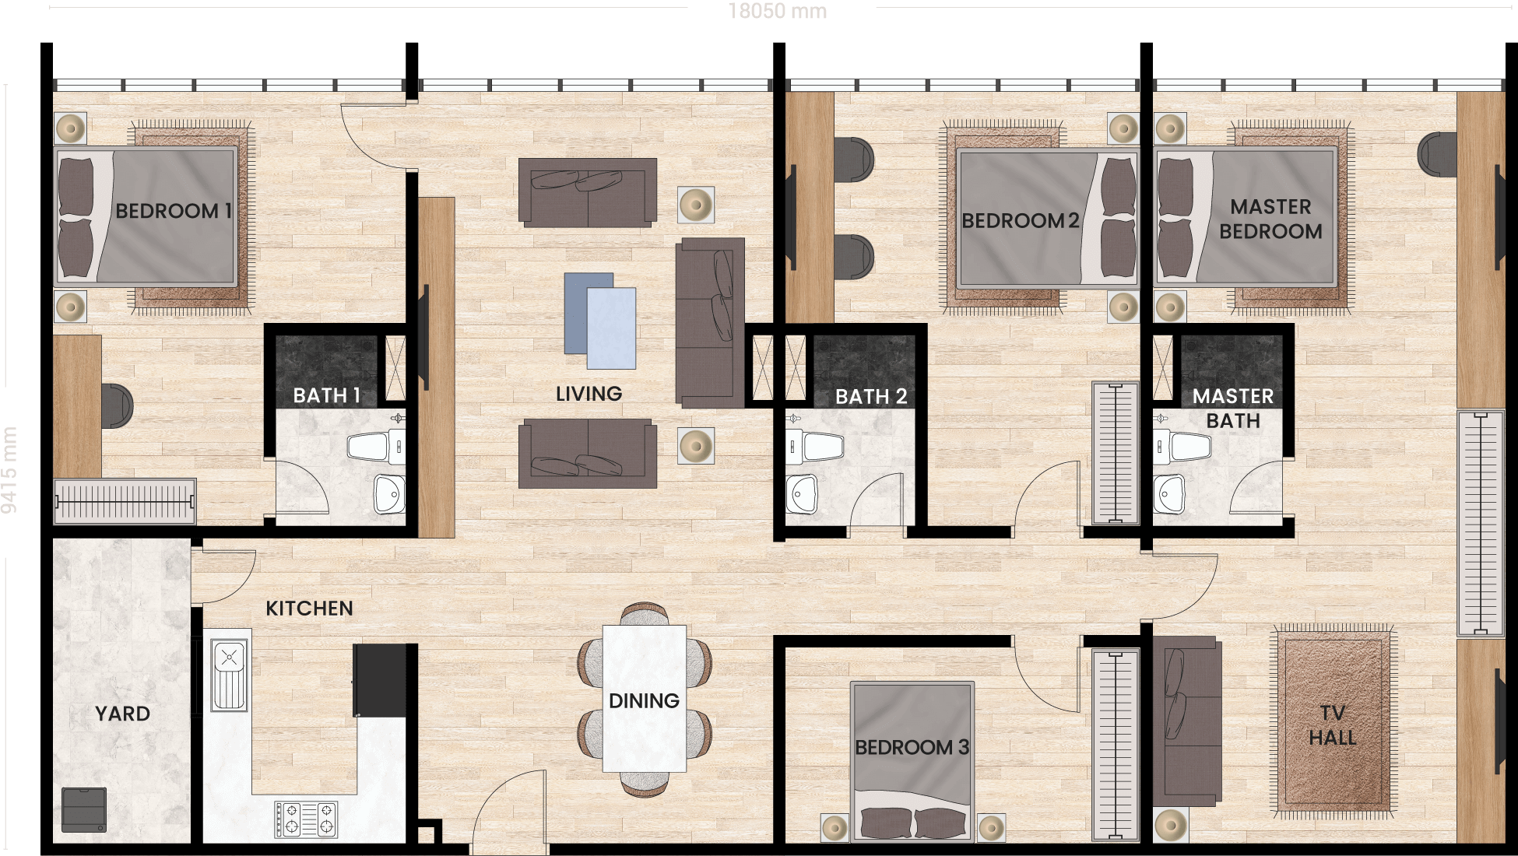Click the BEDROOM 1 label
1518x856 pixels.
(x=174, y=211)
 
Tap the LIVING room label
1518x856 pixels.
(x=589, y=394)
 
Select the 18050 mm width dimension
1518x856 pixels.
(x=778, y=11)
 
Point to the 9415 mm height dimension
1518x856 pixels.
(x=9, y=470)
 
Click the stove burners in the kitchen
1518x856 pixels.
(x=306, y=819)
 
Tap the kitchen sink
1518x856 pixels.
(x=230, y=675)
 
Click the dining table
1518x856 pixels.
(x=645, y=698)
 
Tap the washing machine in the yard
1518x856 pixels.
(x=84, y=810)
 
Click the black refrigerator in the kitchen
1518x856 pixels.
(x=380, y=680)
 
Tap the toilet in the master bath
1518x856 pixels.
(x=1182, y=447)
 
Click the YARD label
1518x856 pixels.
(x=122, y=714)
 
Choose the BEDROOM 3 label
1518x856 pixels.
(x=912, y=748)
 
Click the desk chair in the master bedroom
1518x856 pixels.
(x=1437, y=154)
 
